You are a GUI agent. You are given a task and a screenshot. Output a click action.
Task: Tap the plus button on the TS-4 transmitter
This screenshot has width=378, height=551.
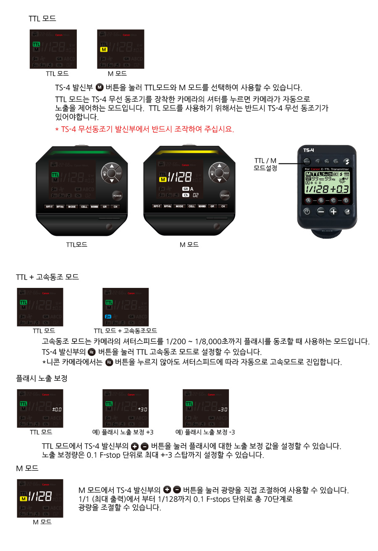333,211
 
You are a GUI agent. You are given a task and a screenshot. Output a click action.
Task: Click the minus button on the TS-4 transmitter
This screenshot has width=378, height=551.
321,211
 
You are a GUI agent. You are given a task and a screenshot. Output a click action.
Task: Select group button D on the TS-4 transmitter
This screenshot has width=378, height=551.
346,200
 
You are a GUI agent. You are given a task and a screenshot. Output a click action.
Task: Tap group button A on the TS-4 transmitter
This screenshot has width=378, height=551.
308,200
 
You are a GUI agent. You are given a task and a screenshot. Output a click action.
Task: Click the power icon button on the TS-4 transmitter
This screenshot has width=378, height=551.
307,211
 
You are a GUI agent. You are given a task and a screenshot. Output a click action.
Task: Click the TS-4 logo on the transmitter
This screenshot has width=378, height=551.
309,150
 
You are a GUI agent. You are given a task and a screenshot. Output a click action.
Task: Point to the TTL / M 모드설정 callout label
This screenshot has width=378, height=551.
265,164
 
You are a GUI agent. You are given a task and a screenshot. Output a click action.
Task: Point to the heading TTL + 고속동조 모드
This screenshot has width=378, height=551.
47,277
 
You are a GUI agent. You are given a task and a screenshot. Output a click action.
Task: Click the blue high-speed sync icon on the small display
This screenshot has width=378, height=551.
108,316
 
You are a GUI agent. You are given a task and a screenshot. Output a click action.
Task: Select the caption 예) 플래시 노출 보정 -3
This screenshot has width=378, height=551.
205,432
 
